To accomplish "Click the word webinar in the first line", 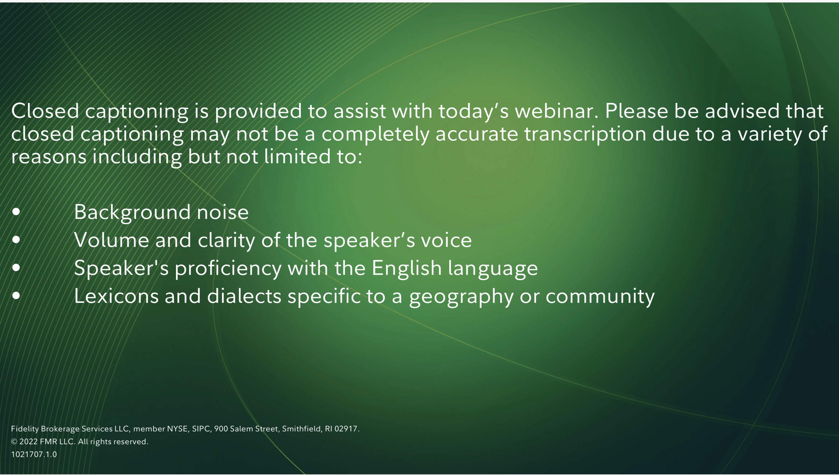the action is [556, 111].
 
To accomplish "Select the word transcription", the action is [585, 134].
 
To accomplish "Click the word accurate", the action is [477, 134].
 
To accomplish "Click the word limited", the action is [295, 157].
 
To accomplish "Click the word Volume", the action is [111, 240].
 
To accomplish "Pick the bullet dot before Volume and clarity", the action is [16, 240].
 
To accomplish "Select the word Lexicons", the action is [116, 296].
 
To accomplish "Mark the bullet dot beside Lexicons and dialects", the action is [16, 296].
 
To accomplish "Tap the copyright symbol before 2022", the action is [14, 442].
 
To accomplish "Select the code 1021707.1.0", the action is [34, 454].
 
